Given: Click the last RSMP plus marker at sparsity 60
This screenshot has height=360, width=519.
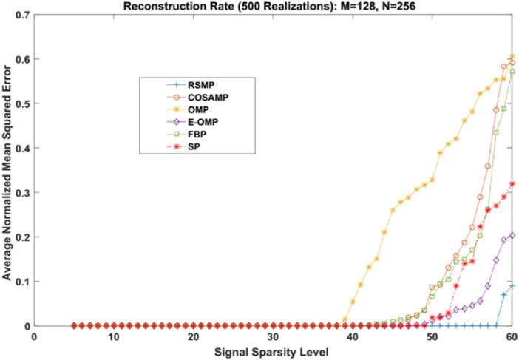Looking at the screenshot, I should [x=512, y=286].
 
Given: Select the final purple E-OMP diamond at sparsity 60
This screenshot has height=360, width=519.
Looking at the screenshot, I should [x=512, y=235].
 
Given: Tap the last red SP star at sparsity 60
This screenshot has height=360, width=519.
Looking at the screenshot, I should [x=512, y=184].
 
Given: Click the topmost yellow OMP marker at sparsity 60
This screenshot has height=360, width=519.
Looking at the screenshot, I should [x=512, y=57].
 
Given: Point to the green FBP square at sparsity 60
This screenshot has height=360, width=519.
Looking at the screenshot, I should [x=512, y=72].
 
